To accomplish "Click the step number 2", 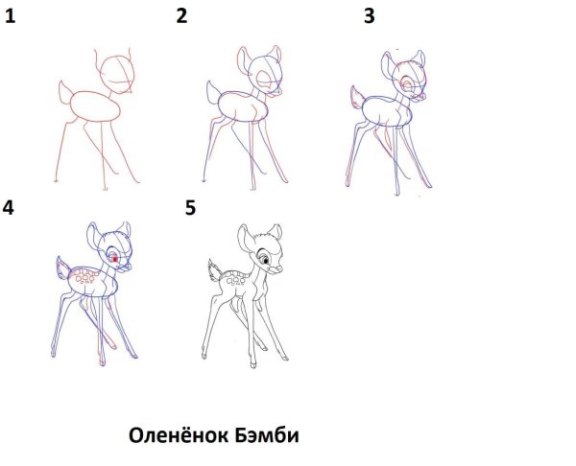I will coord(180,13).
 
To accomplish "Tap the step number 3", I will coord(369,15).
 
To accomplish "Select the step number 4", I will coord(10,207).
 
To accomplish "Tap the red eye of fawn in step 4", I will coord(116,258).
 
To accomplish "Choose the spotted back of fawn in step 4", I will coord(92,278).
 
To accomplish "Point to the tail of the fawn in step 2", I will coord(212,92).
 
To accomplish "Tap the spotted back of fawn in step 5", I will coord(237,277).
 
